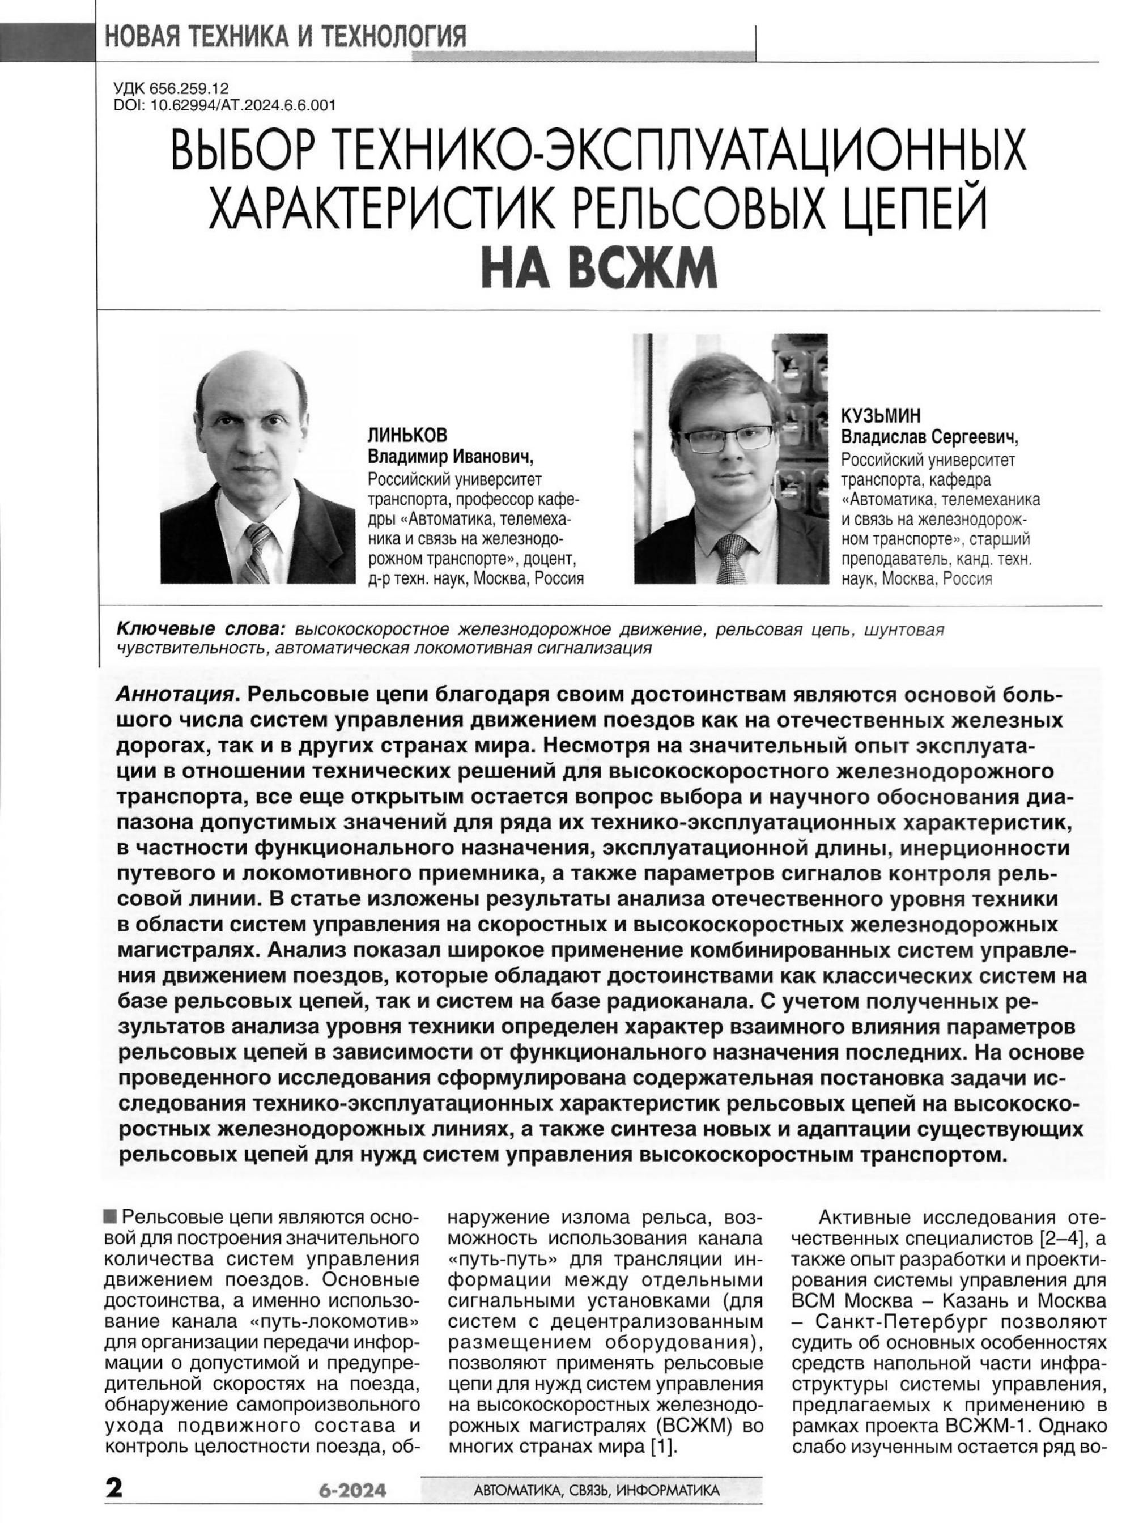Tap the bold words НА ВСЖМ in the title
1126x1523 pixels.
pos(599,269)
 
